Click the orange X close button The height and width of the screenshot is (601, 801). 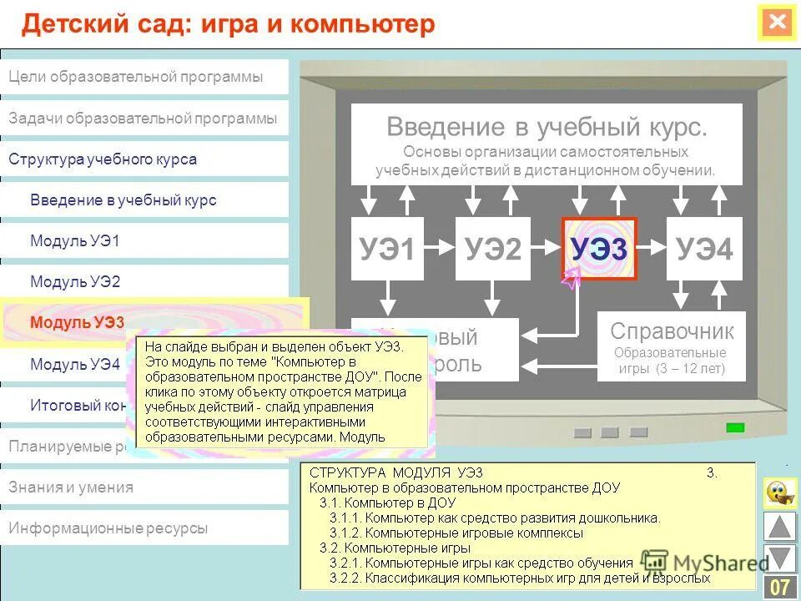(x=778, y=23)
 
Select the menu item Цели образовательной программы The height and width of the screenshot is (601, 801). (x=136, y=77)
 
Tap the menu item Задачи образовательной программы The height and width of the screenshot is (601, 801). (x=143, y=119)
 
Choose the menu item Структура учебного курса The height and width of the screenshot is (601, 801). (x=103, y=159)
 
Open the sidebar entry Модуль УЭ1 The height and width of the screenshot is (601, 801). (x=75, y=241)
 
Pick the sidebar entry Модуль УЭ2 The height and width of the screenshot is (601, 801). (x=75, y=282)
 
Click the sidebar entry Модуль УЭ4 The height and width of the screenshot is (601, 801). (x=75, y=364)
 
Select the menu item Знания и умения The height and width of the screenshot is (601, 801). (x=71, y=487)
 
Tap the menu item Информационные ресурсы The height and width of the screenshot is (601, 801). (x=108, y=528)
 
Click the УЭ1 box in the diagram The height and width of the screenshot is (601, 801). (x=387, y=249)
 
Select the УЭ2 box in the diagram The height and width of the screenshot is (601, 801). (x=492, y=249)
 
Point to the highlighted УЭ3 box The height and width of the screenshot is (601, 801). (x=599, y=249)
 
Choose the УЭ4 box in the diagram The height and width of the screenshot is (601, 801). (x=704, y=249)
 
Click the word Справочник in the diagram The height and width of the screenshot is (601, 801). (x=672, y=331)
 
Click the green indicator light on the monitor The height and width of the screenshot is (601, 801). (x=735, y=427)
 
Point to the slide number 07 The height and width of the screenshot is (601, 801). (x=780, y=587)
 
